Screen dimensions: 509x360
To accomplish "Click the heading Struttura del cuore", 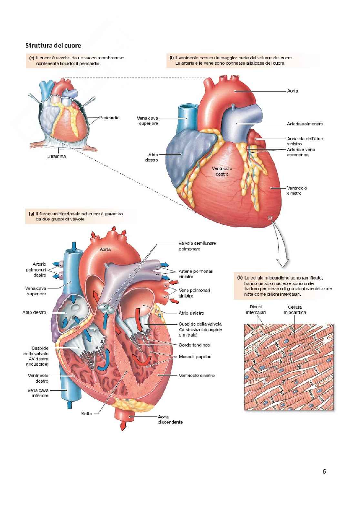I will click(x=53, y=45).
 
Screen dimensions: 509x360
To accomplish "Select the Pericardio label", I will click(x=109, y=118).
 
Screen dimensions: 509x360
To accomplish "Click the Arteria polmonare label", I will click(x=305, y=124).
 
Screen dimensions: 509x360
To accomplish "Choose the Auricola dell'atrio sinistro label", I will click(x=305, y=141).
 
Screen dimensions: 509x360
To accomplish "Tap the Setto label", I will click(x=86, y=414).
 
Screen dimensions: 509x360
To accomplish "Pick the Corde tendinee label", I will click(x=194, y=345).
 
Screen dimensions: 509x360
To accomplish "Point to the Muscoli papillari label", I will click(x=195, y=357).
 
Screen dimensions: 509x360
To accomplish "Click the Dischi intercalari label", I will click(x=256, y=310).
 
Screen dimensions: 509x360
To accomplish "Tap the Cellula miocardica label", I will click(x=295, y=310).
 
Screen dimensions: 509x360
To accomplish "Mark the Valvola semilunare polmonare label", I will click(x=197, y=246).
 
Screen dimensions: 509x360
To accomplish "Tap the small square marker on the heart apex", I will click(x=270, y=218).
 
